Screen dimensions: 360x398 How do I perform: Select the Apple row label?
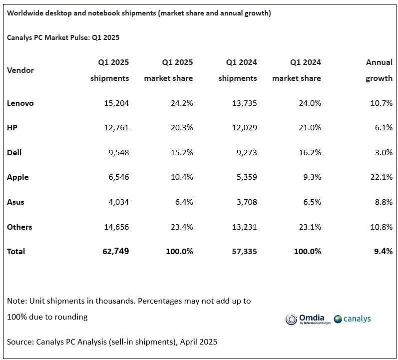click(x=18, y=177)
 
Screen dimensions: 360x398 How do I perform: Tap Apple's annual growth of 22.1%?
click(x=380, y=177)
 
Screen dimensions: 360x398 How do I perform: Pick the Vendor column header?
click(x=20, y=70)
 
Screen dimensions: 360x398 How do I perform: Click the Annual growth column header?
click(x=379, y=70)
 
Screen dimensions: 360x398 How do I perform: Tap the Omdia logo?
click(x=305, y=319)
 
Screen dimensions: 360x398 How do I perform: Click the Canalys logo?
click(x=353, y=319)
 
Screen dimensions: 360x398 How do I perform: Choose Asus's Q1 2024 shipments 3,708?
click(x=243, y=202)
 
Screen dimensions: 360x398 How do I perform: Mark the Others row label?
click(x=19, y=227)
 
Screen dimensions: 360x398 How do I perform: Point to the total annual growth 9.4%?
click(x=383, y=251)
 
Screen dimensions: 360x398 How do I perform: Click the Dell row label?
click(x=14, y=153)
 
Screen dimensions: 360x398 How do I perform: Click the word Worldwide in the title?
click(x=24, y=13)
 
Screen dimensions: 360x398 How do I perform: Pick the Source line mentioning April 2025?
click(x=112, y=342)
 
